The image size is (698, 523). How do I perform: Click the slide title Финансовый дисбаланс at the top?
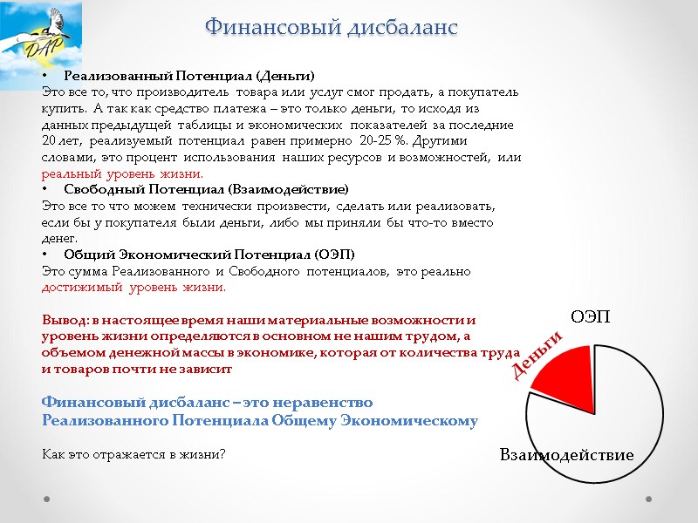coord(332,27)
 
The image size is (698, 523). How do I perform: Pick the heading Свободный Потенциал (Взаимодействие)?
coord(206,189)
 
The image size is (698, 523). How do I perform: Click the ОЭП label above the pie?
coord(590,316)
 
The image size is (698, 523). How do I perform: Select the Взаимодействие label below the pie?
coord(566,456)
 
